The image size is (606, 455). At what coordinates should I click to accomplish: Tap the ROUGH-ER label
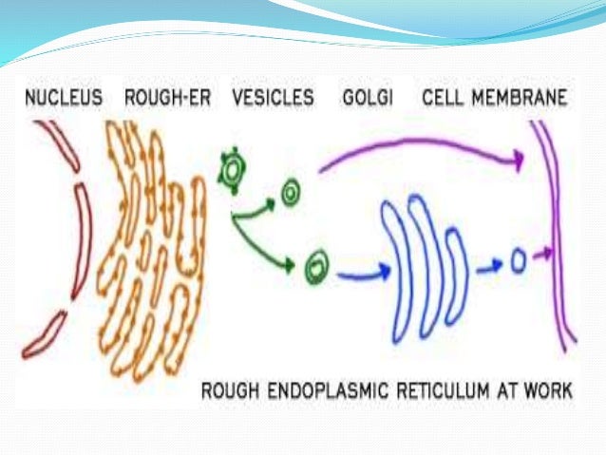click(168, 98)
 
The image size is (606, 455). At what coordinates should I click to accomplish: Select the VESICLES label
click(273, 98)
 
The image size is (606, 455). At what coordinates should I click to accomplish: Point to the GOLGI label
click(368, 98)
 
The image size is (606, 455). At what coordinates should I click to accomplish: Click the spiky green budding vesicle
click(230, 170)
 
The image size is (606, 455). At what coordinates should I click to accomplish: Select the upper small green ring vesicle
click(291, 196)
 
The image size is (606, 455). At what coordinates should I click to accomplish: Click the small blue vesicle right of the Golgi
click(518, 259)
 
